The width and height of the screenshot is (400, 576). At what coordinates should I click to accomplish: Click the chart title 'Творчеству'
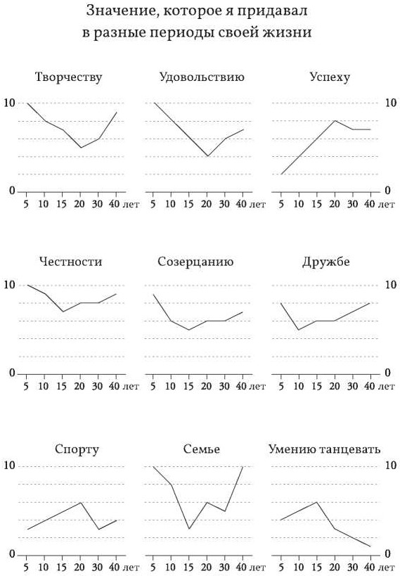click(x=68, y=77)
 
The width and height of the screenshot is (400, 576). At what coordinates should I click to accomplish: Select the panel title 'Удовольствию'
click(x=202, y=77)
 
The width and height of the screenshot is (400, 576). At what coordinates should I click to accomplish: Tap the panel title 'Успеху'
click(x=330, y=77)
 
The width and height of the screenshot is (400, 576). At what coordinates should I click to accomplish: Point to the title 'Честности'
click(x=70, y=262)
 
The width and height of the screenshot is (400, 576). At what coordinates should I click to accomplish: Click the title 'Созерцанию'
click(x=195, y=262)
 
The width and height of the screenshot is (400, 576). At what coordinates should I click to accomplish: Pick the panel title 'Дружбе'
click(x=325, y=262)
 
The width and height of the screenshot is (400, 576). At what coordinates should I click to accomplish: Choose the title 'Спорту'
click(x=77, y=449)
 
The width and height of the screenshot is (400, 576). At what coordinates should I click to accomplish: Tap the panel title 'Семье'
click(x=201, y=449)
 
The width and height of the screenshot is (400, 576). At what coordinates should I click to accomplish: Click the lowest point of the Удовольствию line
click(x=207, y=156)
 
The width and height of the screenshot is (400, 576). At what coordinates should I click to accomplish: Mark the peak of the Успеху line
click(x=335, y=120)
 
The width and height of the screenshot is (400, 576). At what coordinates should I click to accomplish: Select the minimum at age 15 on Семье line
click(x=189, y=529)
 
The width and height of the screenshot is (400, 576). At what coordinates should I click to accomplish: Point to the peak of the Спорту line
click(x=80, y=502)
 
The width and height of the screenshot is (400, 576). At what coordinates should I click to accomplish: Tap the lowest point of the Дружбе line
click(x=299, y=330)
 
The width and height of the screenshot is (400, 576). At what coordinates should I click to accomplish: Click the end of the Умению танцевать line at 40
click(x=370, y=546)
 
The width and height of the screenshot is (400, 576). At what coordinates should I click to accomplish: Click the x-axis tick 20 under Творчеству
click(x=79, y=204)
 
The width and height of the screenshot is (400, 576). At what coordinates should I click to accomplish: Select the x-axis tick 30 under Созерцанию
click(x=224, y=386)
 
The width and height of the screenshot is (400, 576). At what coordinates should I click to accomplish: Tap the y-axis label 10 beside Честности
click(x=10, y=285)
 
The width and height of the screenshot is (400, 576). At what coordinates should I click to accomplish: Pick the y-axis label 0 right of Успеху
click(x=387, y=191)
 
